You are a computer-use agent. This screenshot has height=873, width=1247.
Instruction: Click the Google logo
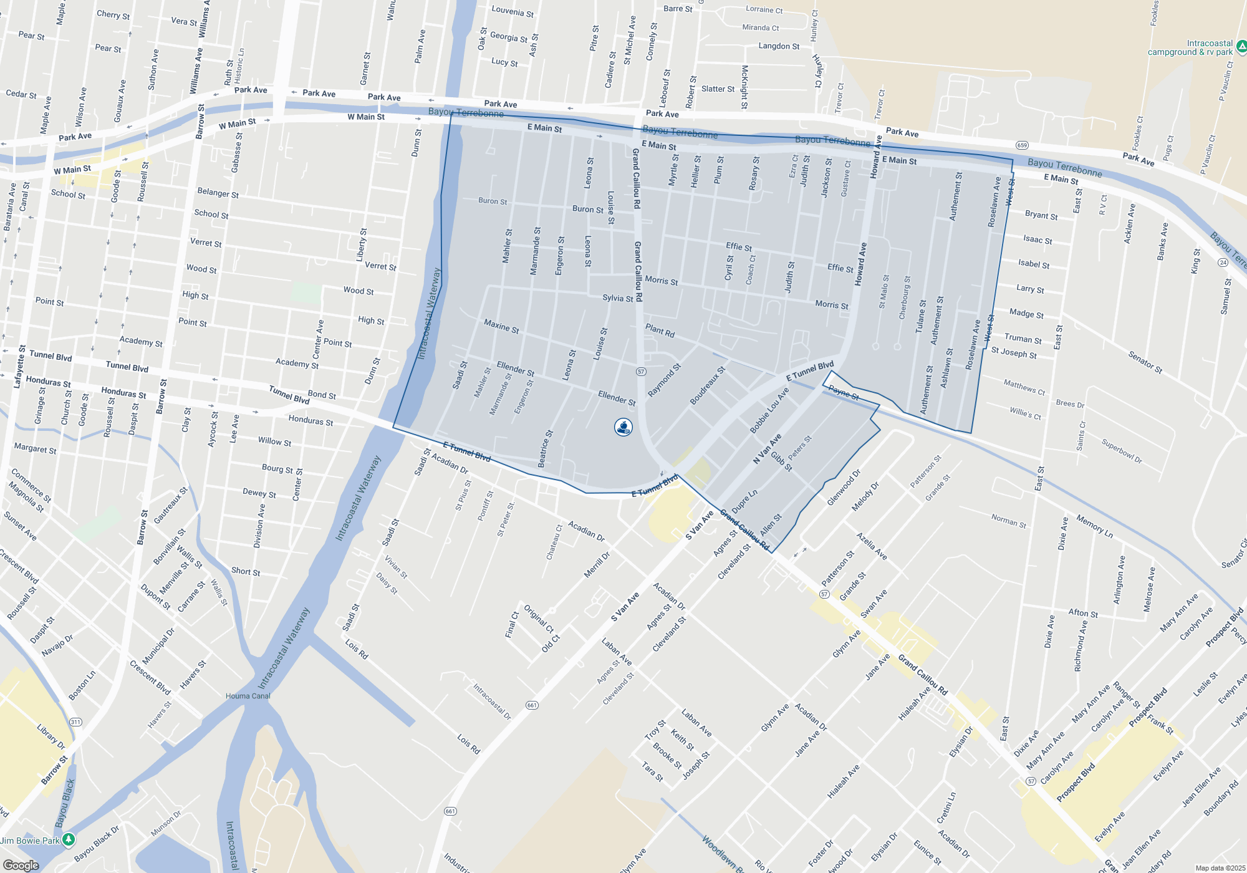point(21,866)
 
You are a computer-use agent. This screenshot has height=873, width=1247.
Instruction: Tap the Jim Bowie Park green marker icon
point(69,839)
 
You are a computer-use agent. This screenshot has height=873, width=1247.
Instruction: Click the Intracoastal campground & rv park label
point(1190,48)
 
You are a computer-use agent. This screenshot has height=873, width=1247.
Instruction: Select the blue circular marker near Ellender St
point(623,427)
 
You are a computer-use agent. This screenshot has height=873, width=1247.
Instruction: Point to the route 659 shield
point(1022,145)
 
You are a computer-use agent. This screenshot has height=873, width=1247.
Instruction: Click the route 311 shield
point(75,722)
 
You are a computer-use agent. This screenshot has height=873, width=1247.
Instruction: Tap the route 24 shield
point(1223,263)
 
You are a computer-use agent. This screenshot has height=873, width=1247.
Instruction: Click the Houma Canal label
point(248,696)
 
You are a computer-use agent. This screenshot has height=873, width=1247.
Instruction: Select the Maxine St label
point(501,326)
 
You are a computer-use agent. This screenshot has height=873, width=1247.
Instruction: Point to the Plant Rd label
point(660,330)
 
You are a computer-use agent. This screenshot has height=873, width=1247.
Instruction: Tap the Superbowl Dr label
point(1122,451)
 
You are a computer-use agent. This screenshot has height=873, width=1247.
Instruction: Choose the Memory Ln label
point(1094,526)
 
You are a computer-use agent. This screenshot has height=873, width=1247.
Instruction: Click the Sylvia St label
point(618,298)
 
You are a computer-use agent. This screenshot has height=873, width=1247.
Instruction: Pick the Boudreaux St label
point(708,385)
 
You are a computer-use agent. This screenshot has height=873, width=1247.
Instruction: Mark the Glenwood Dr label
point(844,487)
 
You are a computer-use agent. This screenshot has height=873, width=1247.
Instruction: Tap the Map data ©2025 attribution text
point(1220,868)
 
